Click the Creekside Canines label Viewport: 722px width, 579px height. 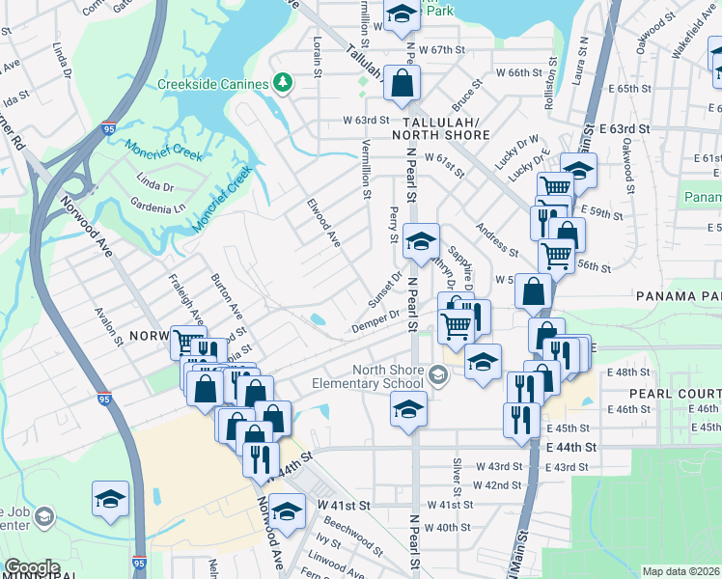coord(212,84)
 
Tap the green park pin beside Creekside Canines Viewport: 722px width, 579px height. coord(282,83)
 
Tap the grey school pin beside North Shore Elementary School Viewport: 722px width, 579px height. coord(439,376)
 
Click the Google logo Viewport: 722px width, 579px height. coord(31,567)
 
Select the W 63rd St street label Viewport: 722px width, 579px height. coord(366,120)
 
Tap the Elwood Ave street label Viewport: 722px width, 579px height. coord(324,223)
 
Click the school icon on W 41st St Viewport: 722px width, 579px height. coord(287,510)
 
